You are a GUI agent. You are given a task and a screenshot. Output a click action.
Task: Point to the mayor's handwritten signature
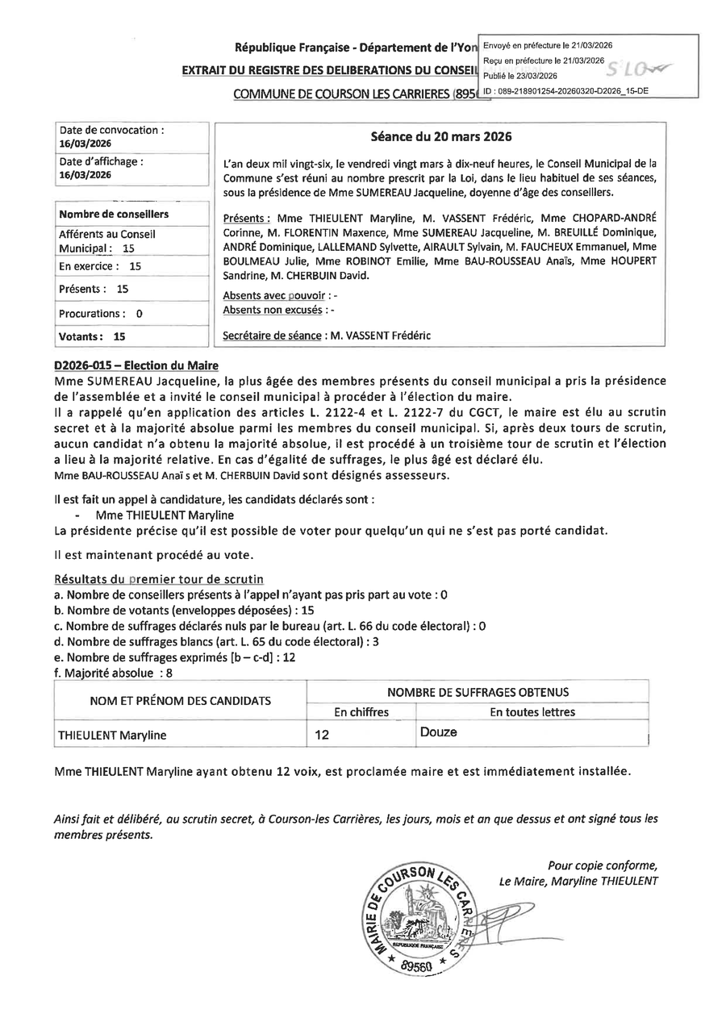(504, 915)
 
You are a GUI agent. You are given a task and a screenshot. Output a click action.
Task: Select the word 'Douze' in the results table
(438, 732)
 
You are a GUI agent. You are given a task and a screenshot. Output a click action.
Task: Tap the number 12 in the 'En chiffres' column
(323, 736)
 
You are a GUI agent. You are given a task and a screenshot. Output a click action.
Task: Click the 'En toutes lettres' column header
(532, 712)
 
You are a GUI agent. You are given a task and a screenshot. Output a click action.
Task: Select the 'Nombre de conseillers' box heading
(114, 215)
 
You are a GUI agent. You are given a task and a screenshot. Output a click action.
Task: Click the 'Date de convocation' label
(111, 129)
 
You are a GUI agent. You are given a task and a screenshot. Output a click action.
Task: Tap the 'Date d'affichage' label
(102, 161)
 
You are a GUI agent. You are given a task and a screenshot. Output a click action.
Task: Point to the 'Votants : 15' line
(92, 337)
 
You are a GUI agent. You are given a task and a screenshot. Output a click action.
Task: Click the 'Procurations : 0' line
(101, 314)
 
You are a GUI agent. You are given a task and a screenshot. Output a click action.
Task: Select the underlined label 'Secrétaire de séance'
(273, 336)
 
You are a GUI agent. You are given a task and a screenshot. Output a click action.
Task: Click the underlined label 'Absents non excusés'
(274, 310)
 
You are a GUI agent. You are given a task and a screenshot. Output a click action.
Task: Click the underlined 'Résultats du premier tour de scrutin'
(158, 579)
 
